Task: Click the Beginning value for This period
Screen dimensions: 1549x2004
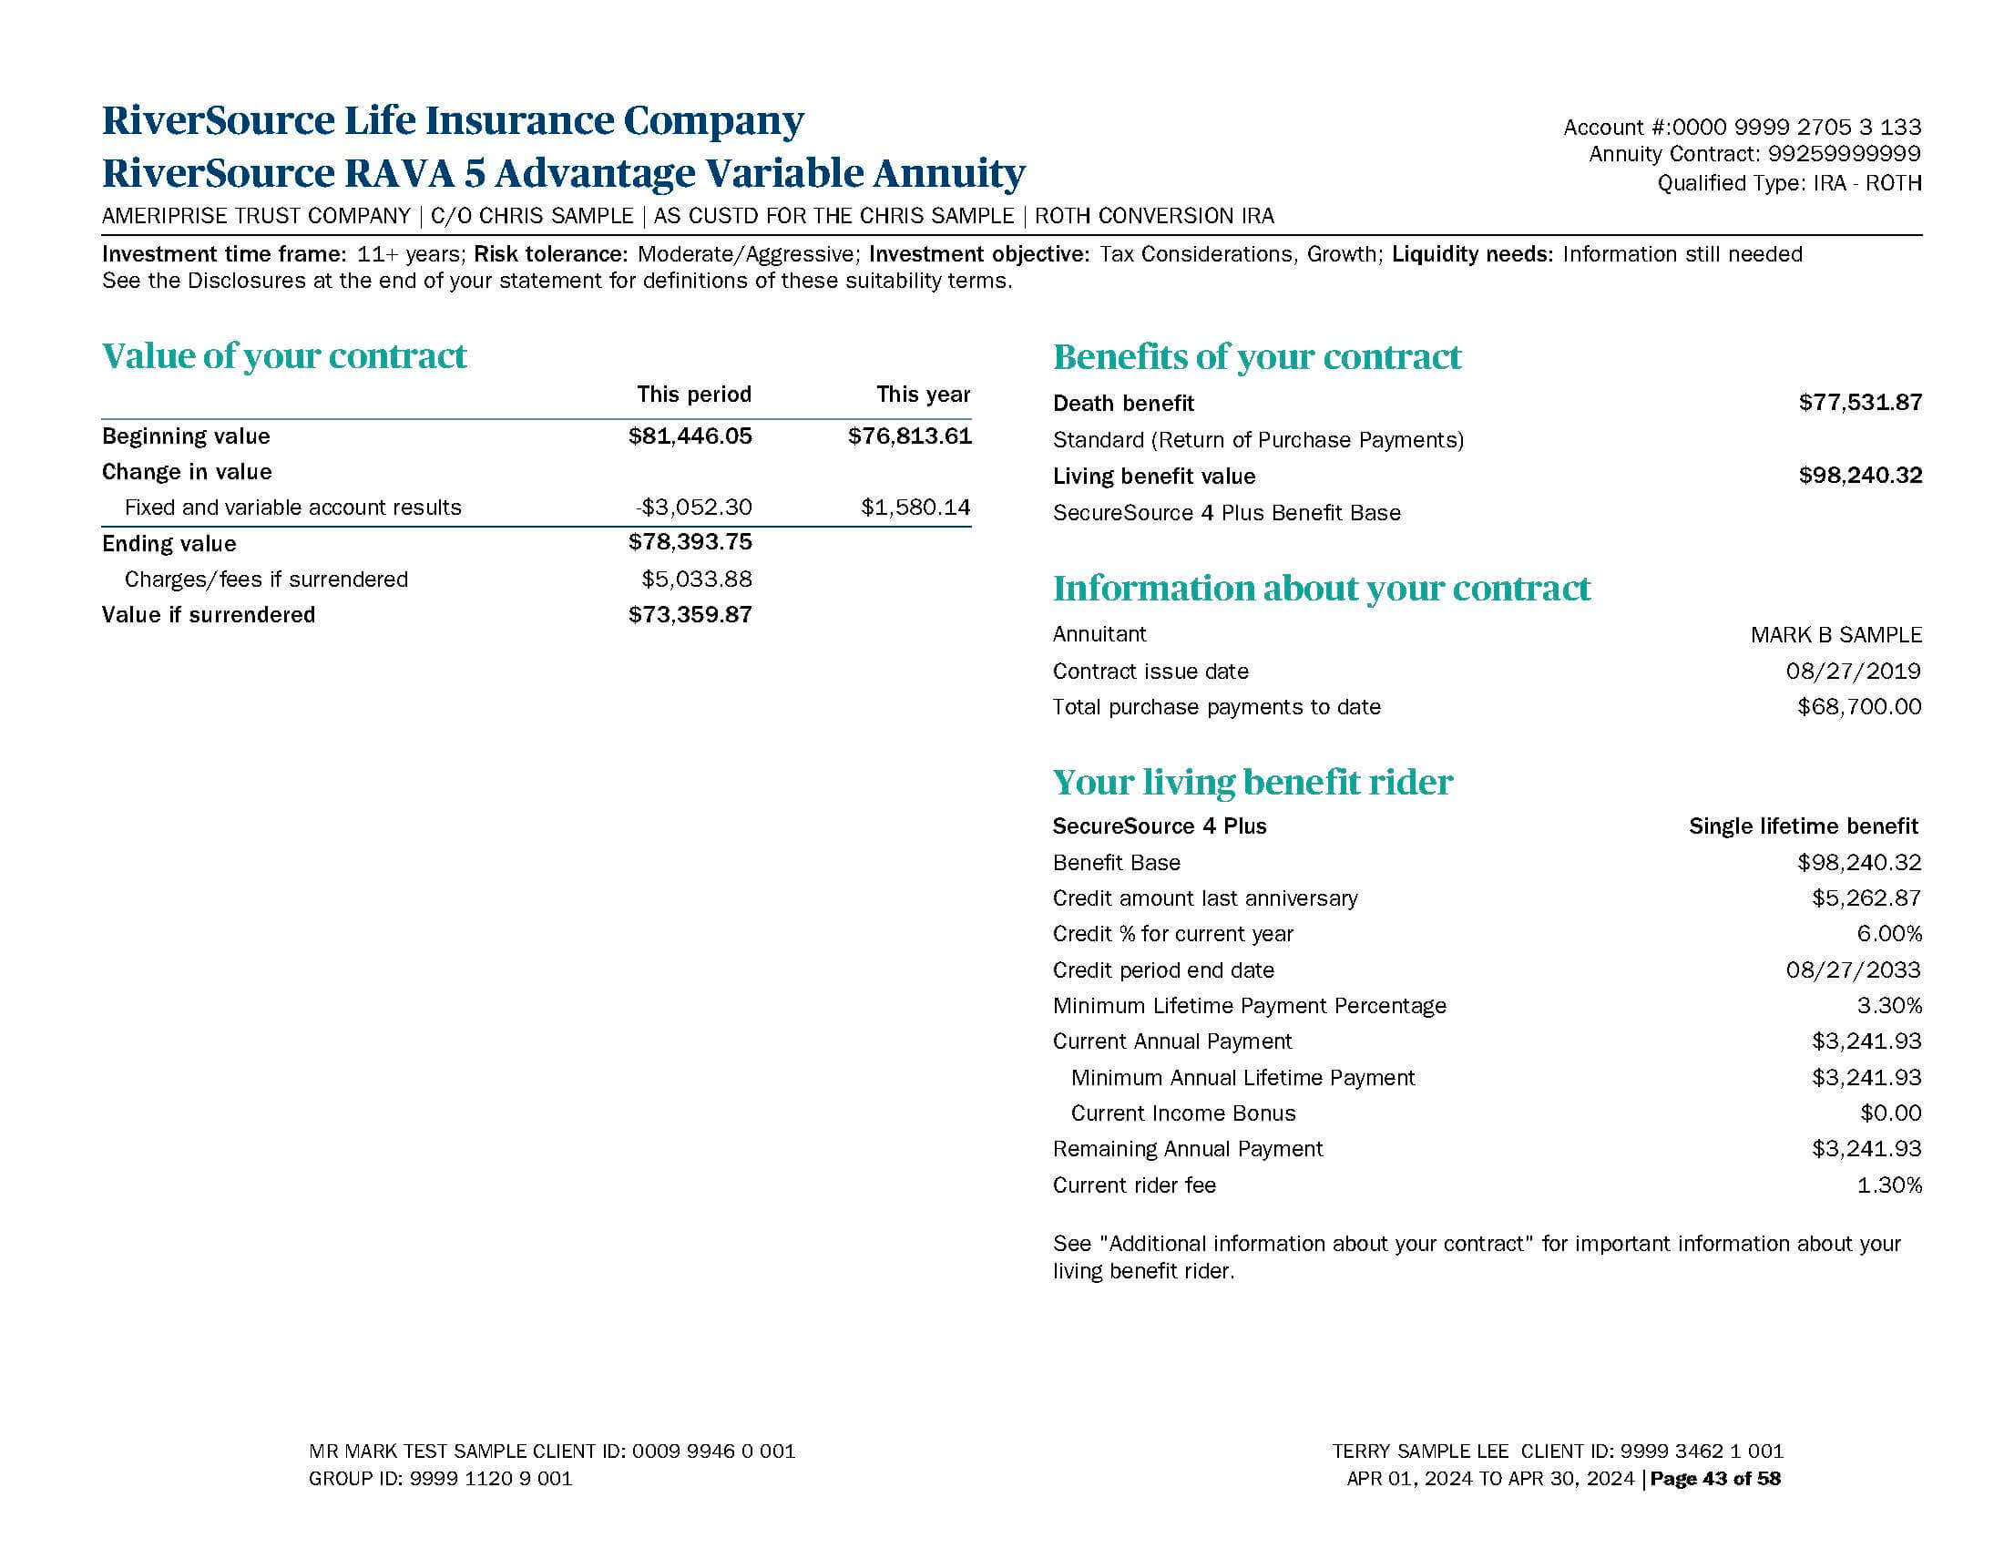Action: [x=690, y=436]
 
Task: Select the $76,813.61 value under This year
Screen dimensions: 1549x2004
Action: [x=909, y=436]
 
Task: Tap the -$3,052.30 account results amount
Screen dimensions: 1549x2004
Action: [x=693, y=508]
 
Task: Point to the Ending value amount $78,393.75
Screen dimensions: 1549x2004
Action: [x=690, y=542]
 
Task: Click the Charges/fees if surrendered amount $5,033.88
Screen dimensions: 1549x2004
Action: [x=697, y=579]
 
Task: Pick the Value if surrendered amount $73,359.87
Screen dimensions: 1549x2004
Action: [x=690, y=615]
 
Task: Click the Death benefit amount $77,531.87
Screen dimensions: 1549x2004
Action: [x=1860, y=403]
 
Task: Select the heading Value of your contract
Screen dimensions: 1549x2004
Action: [x=284, y=356]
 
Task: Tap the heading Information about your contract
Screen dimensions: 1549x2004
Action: [x=1322, y=589]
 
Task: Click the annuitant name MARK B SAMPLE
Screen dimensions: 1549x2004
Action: [x=1835, y=635]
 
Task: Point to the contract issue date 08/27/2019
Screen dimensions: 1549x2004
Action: [x=1853, y=671]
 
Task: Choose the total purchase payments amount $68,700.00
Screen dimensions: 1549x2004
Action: [x=1859, y=706]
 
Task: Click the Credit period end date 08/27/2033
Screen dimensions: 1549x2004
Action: [x=1853, y=970]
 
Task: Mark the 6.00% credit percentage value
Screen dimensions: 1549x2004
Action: [x=1888, y=934]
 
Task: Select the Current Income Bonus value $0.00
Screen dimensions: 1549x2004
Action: [x=1890, y=1113]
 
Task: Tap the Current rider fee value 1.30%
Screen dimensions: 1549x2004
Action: [x=1888, y=1185]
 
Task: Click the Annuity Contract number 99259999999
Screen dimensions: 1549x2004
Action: [x=1845, y=154]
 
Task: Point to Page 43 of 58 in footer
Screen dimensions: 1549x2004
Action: [x=1715, y=1478]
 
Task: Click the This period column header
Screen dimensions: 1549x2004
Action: [x=694, y=395]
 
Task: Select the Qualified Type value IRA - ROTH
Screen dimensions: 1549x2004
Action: [x=1867, y=183]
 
